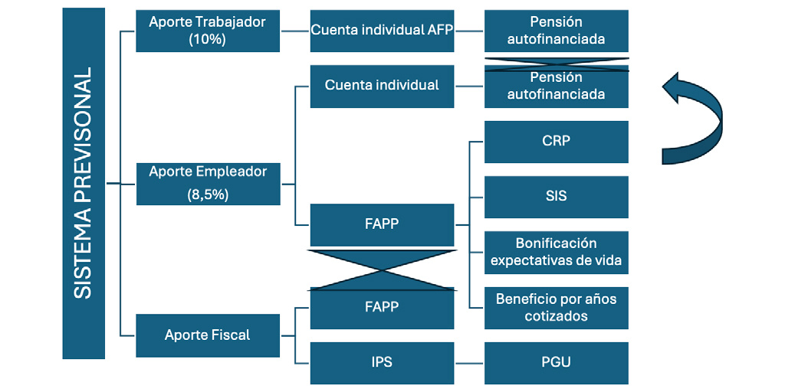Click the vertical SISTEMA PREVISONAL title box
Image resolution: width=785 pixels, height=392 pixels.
(x=84, y=183)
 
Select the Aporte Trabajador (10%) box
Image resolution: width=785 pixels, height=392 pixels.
(x=208, y=31)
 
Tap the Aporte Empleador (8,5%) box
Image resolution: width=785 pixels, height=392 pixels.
(x=209, y=184)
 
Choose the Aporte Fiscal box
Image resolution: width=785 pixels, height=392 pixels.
(x=208, y=335)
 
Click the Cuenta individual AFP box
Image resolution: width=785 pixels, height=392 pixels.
(x=382, y=31)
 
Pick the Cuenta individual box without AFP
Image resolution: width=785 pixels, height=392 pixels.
(x=382, y=86)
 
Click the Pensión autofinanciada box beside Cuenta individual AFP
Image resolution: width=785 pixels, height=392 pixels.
(x=557, y=31)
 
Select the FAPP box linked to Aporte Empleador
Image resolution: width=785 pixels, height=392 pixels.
(x=382, y=225)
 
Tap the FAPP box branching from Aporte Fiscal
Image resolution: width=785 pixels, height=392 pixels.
(x=382, y=308)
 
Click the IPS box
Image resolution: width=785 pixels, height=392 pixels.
(x=382, y=363)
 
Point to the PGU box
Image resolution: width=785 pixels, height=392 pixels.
(x=557, y=363)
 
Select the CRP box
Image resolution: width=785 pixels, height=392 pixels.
(x=557, y=142)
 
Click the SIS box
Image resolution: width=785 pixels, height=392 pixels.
(x=557, y=197)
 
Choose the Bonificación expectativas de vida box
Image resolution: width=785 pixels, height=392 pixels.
(x=557, y=253)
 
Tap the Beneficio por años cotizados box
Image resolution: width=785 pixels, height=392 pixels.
(x=557, y=308)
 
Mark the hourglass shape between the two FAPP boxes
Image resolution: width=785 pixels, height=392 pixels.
(x=382, y=270)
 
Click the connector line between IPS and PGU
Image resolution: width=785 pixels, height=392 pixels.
(x=469, y=363)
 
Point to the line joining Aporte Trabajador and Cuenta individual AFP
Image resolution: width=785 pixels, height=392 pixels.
(x=295, y=31)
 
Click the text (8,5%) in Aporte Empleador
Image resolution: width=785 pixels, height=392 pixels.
(x=208, y=195)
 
